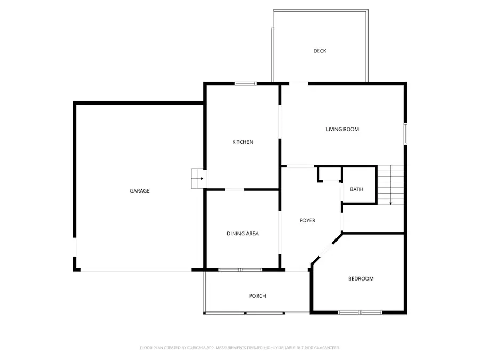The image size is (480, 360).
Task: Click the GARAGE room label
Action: pos(140,191)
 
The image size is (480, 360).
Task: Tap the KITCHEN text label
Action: pos(242,142)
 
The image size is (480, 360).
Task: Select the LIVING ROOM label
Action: pos(342,129)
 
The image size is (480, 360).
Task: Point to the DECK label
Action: pos(319,51)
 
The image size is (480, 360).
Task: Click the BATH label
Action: pos(356,190)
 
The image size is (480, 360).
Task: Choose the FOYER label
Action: pos(307,220)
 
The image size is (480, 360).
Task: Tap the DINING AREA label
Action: pos(243,234)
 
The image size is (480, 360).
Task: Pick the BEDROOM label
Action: pos(361,278)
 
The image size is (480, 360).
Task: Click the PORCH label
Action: pos(258,296)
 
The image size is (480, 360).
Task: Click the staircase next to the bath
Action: pos(390,184)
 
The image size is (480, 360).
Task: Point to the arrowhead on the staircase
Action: pos(390,203)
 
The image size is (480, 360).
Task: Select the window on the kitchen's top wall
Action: pos(246,83)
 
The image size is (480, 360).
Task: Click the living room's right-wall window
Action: pos(405,133)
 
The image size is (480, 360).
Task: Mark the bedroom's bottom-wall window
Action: pos(360,312)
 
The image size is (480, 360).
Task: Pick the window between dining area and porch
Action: pos(240,270)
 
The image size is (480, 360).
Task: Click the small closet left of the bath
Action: pos(330,174)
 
